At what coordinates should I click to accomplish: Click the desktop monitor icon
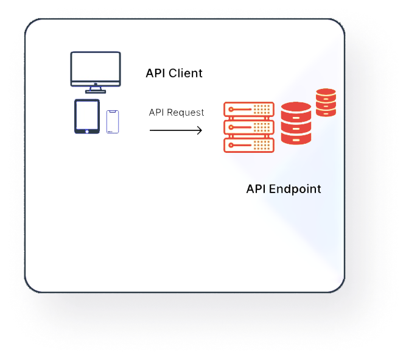coord(96,69)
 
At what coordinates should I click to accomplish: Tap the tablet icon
coord(87,116)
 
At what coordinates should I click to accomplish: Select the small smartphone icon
coord(112,122)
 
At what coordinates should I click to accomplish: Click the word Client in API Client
coord(185,74)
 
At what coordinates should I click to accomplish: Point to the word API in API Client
coord(155,74)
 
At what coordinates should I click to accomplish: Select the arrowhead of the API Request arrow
coord(200,130)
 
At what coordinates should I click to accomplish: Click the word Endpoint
coord(295,189)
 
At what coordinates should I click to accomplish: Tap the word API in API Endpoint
coord(256,189)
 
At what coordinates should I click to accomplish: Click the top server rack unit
coord(249,110)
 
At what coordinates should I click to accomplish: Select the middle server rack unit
coord(249,127)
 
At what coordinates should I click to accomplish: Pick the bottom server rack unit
coord(249,145)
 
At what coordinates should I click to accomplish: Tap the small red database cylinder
coord(326,102)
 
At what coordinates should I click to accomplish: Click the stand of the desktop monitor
coord(96,90)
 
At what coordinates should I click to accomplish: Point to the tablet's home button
coord(87,130)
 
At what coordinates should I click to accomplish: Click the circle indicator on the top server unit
coord(230,110)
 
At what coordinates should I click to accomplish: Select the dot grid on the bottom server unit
coord(263,145)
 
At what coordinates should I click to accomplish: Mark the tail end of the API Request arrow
coord(151,130)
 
